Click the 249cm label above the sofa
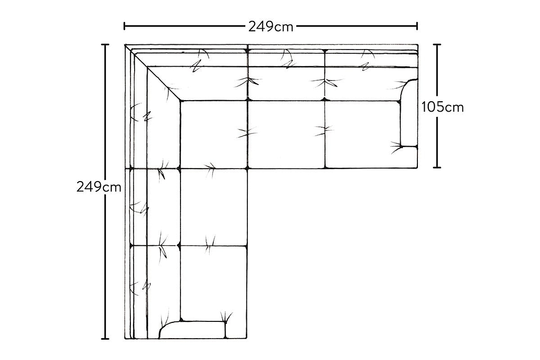pyautogui.click(x=271, y=27)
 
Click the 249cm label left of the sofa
pyautogui.click(x=99, y=187)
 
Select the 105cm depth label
pyautogui.click(x=442, y=107)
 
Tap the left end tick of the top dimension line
pyautogui.click(x=124, y=26)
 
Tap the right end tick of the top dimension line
pyautogui.click(x=417, y=26)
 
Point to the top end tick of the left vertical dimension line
pyautogui.click(x=105, y=45)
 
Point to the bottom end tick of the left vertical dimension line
pyautogui.click(x=105, y=339)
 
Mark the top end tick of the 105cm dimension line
pyautogui.click(x=437, y=45)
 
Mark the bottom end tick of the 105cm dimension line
pyautogui.click(x=437, y=167)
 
